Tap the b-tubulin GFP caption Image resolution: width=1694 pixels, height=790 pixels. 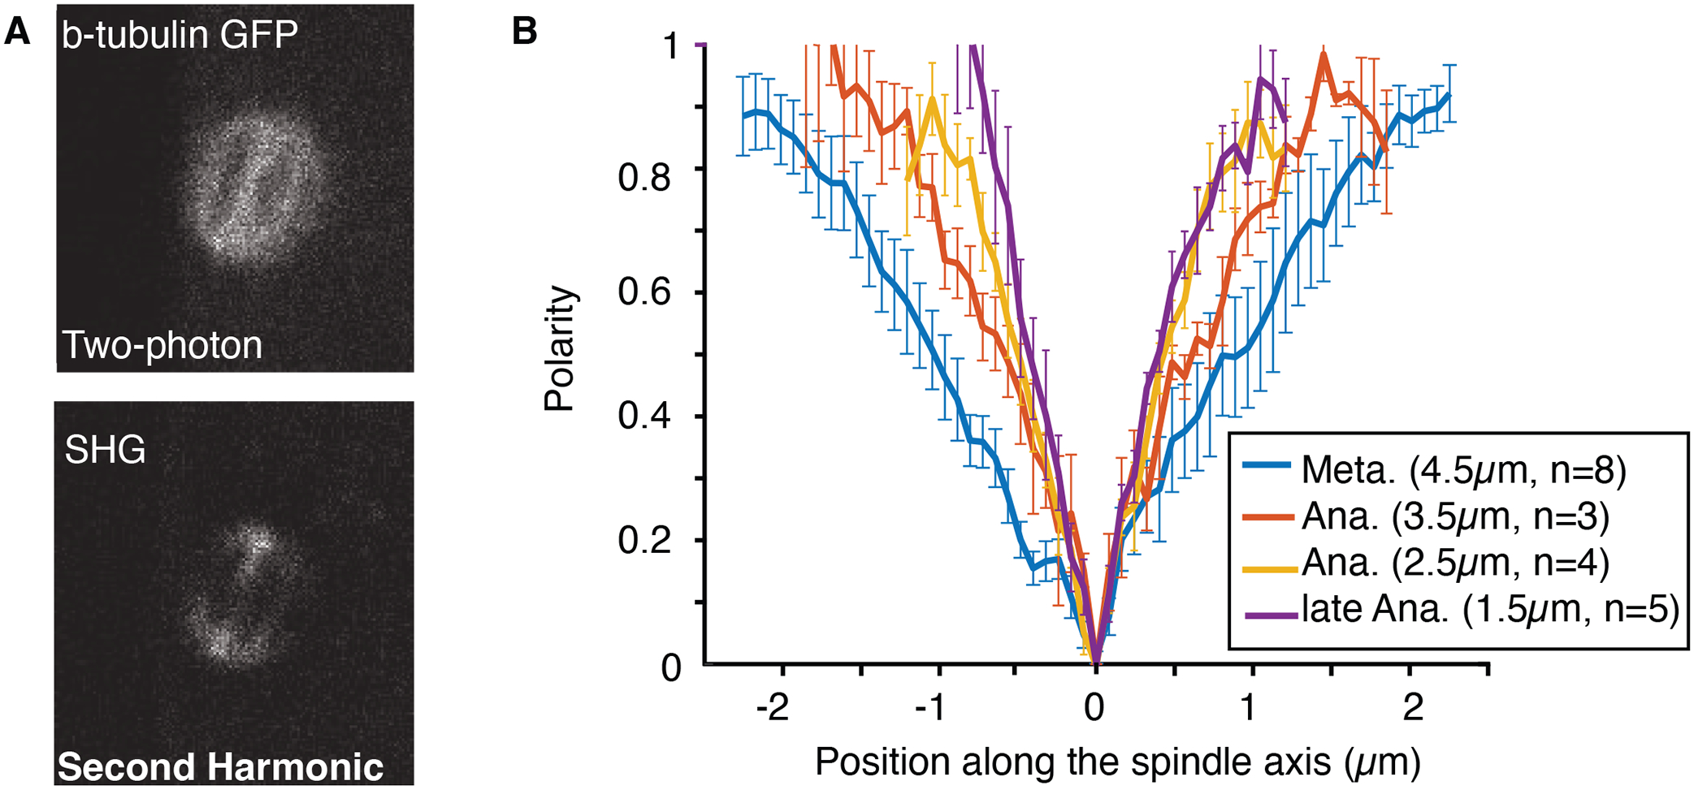point(180,34)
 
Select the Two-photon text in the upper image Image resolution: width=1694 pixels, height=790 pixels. point(162,345)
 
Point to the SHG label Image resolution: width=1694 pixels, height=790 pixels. point(105,449)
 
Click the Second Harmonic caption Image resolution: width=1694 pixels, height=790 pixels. point(220,766)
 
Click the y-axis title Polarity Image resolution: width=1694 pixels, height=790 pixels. point(560,349)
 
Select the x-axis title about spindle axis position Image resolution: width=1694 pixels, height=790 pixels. point(1117,762)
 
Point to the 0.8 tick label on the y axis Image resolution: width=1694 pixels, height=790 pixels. point(643,176)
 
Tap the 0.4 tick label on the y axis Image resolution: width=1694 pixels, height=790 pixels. point(643,417)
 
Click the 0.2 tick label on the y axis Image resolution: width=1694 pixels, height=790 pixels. point(643,541)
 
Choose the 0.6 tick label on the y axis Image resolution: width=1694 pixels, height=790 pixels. point(643,292)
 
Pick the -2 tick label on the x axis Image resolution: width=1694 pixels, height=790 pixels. point(773,708)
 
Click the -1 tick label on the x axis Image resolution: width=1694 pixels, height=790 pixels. point(930,708)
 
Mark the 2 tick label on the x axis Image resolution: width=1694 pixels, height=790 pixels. point(1414,708)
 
